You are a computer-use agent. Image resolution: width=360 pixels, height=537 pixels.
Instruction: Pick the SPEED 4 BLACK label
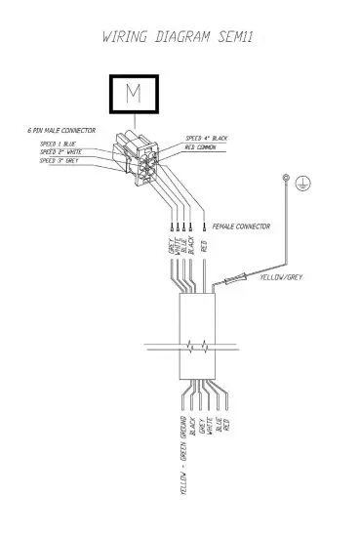(208, 140)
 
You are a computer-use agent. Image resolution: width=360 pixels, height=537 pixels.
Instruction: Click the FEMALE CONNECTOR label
(242, 226)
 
